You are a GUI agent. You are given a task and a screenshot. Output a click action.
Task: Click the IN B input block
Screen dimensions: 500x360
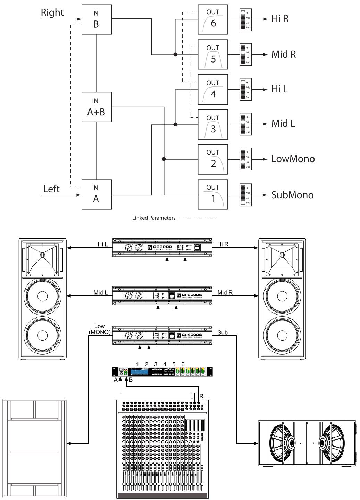pos(97,19)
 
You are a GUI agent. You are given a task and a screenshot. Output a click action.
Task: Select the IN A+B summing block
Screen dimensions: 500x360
pos(97,107)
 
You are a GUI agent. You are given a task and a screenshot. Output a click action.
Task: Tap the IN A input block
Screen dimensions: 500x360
pos(97,194)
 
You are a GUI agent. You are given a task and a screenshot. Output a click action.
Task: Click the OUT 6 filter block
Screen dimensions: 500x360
pos(213,19)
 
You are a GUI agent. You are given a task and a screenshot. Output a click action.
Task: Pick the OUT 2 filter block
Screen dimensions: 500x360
pos(213,159)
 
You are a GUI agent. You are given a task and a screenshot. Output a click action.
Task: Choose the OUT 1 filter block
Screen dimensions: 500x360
pos(213,194)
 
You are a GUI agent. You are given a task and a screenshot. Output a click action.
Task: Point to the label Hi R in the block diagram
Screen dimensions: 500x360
pos(280,19)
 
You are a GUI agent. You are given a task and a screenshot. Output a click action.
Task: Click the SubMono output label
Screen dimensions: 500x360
pos(292,195)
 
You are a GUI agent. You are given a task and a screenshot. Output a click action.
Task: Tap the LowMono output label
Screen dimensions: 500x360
pos(293,159)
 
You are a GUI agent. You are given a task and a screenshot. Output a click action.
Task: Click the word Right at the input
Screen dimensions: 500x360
pos(52,13)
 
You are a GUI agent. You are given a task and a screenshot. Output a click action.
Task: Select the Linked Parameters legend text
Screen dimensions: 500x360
pos(154,218)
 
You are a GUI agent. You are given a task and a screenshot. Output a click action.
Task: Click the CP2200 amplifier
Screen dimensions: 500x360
pos(162,248)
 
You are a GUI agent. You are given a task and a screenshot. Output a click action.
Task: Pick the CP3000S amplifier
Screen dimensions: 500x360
pos(162,295)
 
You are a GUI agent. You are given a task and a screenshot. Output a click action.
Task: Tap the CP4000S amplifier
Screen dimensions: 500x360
pos(162,335)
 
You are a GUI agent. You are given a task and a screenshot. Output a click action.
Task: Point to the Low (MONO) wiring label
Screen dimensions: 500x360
pos(99,329)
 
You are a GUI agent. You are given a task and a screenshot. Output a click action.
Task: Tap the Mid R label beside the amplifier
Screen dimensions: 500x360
pos(225,293)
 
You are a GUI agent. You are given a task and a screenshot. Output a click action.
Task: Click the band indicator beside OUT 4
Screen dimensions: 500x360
pos(245,90)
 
